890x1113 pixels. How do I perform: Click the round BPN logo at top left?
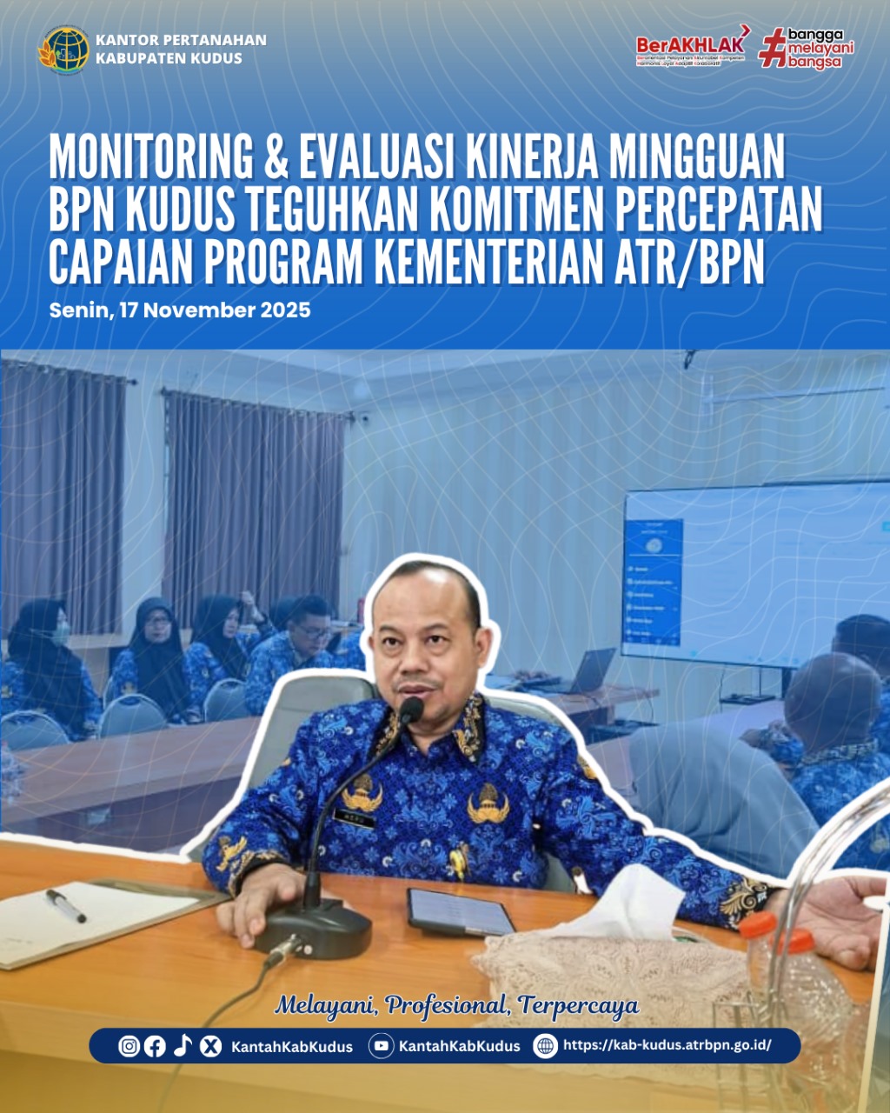point(63,50)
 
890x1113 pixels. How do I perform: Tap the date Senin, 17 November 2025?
point(180,310)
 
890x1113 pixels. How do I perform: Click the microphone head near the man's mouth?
point(411,710)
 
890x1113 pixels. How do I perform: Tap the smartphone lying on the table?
point(461,912)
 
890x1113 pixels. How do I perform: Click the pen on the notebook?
point(66,905)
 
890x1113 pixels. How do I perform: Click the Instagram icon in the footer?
point(130,1046)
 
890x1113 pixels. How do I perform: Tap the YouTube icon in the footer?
point(381,1046)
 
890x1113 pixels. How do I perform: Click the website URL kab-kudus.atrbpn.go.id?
point(667,1045)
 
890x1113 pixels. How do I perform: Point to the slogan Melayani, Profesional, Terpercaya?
point(457,1006)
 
